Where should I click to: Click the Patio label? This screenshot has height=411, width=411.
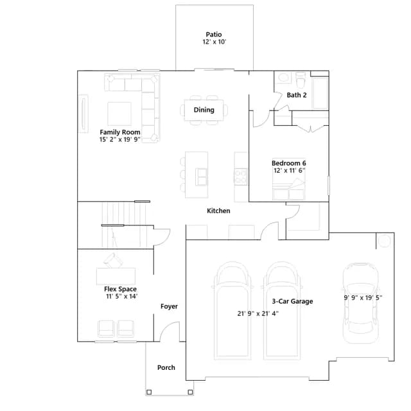click(x=214, y=34)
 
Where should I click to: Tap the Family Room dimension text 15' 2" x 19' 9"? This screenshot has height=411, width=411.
click(x=120, y=139)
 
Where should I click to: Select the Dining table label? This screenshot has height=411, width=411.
click(x=204, y=110)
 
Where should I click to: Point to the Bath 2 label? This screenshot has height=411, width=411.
click(x=297, y=95)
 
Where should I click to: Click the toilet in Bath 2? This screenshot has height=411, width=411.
click(x=301, y=80)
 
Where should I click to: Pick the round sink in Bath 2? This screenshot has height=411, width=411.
click(x=283, y=77)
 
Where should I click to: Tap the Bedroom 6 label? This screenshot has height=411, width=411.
click(x=288, y=163)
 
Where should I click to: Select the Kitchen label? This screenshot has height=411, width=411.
click(x=218, y=211)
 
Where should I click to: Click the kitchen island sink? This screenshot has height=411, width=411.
click(x=201, y=177)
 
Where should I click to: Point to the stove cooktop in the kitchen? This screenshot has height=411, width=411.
click(x=241, y=177)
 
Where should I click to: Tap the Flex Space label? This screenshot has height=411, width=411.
click(x=120, y=289)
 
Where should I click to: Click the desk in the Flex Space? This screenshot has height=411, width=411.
click(x=116, y=276)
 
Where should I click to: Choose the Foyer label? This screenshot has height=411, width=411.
click(x=169, y=306)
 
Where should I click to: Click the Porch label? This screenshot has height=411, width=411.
click(x=166, y=367)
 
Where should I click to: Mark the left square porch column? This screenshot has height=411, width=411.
click(x=149, y=392)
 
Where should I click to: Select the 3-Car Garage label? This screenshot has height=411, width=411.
click(x=292, y=301)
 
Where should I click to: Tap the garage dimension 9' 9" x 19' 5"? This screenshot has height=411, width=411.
click(x=363, y=297)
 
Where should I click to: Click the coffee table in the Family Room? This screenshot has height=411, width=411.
click(x=119, y=114)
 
